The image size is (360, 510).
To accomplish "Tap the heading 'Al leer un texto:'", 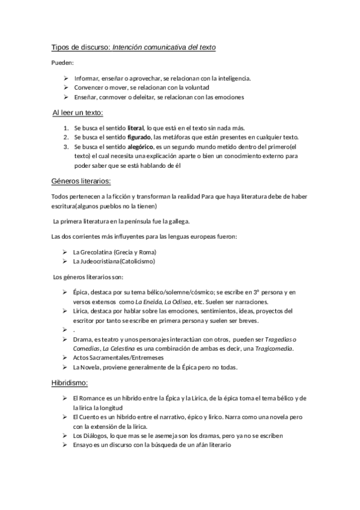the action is point(78,112).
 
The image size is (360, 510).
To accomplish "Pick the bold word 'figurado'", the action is point(139,137).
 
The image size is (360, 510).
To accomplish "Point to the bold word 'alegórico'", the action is point(141,146).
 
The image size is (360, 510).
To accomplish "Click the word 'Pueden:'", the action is point(62,62).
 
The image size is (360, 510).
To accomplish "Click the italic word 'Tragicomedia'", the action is point(275,348).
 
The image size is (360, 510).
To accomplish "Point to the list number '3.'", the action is point(66,146).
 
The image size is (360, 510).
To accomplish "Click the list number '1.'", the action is point(66,128).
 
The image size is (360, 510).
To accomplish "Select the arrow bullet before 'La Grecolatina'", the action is point(65,252).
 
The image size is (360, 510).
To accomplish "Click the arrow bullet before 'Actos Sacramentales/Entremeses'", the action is point(65,358).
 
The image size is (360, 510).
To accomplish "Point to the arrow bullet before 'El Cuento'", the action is point(65,417).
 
